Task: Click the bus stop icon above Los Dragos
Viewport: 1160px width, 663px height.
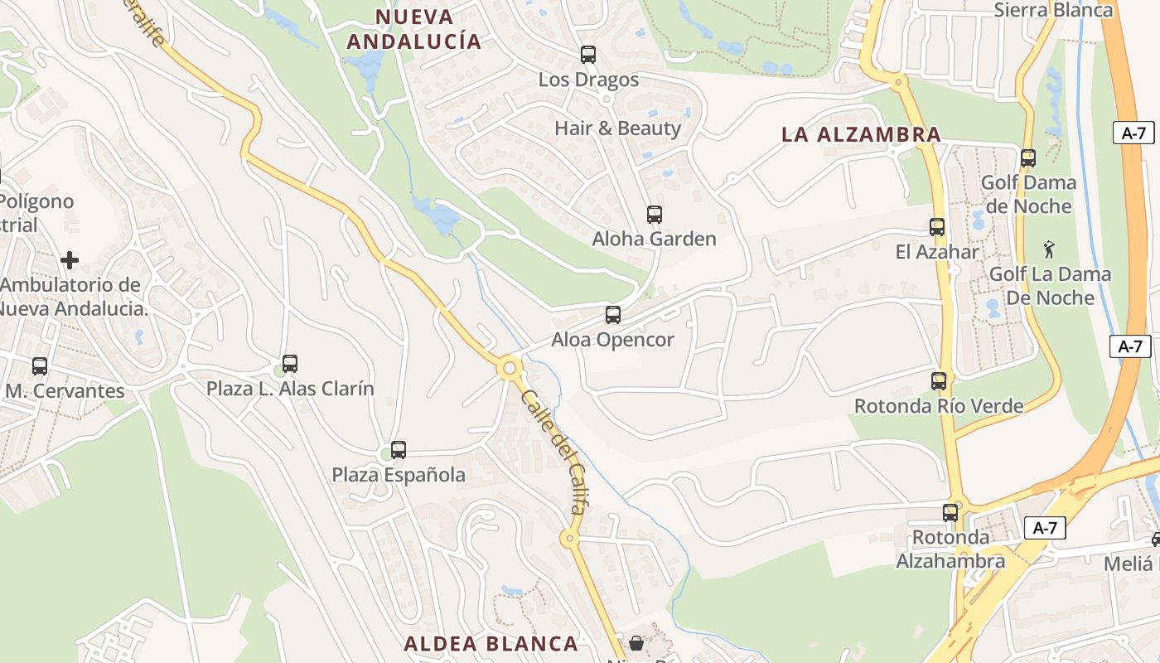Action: click(x=588, y=55)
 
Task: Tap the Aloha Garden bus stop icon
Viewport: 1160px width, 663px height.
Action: click(x=655, y=215)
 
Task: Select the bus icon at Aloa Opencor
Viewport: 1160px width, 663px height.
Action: click(x=613, y=315)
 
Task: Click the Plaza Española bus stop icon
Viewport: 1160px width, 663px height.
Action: click(x=399, y=450)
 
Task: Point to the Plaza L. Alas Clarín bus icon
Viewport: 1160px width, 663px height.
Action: click(x=290, y=363)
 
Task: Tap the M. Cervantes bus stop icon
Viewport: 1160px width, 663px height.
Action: click(x=39, y=365)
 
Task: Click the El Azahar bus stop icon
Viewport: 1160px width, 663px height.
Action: click(x=937, y=227)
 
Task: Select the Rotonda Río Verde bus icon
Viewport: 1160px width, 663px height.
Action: click(x=939, y=381)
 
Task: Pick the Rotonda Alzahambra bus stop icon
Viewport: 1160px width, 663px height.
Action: click(x=950, y=513)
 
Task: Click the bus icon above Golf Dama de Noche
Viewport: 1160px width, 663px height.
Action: click(x=1028, y=157)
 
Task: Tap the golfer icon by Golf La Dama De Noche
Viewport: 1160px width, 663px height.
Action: click(x=1049, y=248)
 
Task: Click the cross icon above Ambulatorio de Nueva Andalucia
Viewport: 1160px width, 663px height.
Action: click(x=70, y=260)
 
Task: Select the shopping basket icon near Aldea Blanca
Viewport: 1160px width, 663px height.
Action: click(x=636, y=643)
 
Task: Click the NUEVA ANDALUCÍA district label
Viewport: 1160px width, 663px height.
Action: click(x=413, y=29)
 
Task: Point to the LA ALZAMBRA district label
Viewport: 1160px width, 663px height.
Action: click(x=861, y=134)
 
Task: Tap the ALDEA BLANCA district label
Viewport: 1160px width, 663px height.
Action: click(x=491, y=644)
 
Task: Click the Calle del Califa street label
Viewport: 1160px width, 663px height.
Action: click(x=554, y=452)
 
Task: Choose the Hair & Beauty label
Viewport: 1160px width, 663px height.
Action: click(x=617, y=128)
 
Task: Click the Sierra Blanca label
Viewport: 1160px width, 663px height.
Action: click(x=1053, y=10)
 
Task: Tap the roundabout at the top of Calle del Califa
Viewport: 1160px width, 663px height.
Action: click(x=509, y=367)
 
